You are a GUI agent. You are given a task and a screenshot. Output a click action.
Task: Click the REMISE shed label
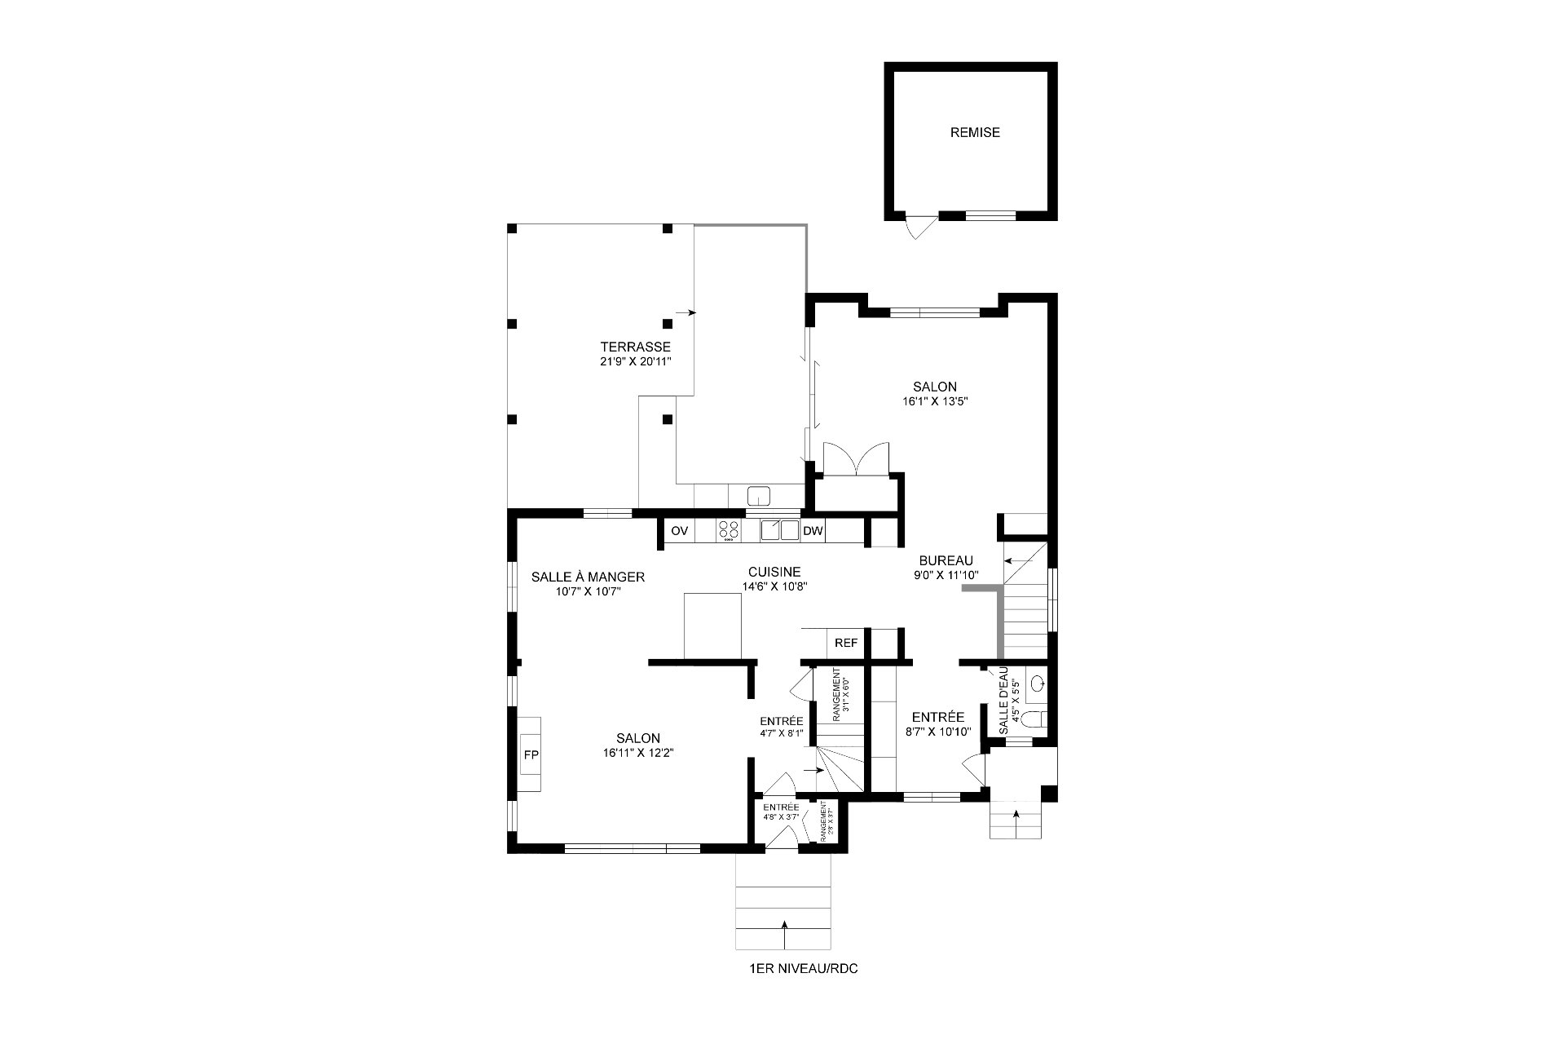[975, 132]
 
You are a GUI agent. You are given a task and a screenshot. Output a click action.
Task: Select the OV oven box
[679, 531]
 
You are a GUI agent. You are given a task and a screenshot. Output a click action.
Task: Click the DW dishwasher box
[813, 531]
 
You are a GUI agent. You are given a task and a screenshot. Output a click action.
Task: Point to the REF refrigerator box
[846, 643]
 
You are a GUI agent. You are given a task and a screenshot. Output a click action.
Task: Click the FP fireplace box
[531, 755]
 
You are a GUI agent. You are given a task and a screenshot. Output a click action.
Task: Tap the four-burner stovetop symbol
[729, 530]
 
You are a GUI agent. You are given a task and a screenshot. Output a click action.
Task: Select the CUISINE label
[774, 572]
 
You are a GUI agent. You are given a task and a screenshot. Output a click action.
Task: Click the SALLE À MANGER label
[588, 577]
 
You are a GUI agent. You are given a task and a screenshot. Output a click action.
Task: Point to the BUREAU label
[946, 560]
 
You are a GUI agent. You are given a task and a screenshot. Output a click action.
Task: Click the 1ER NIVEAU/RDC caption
[804, 969]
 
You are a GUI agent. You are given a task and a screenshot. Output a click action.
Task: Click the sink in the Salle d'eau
[1038, 683]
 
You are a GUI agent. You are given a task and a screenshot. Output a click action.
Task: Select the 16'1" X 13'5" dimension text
[934, 401]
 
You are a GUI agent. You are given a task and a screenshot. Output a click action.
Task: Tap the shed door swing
[917, 226]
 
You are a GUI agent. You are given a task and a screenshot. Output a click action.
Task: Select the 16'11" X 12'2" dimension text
[638, 753]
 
